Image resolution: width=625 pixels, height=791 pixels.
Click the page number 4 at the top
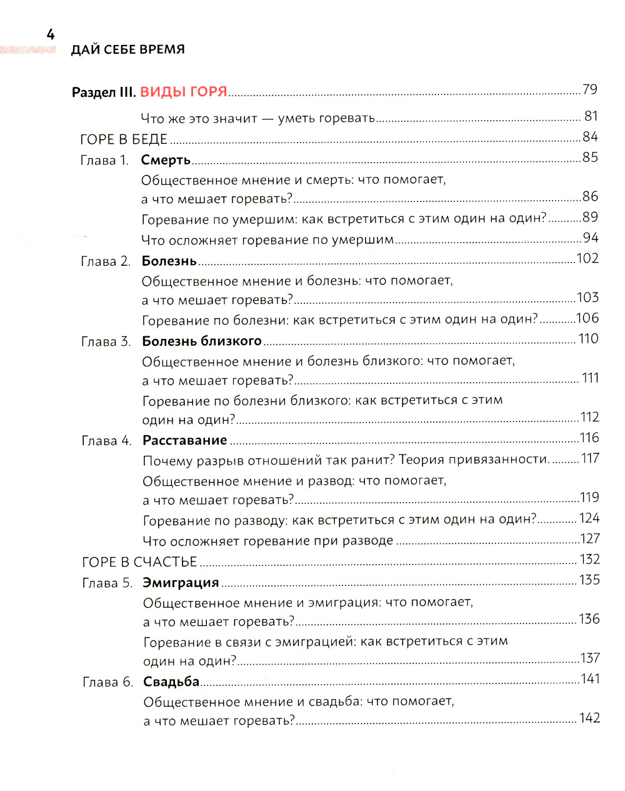coord(51,35)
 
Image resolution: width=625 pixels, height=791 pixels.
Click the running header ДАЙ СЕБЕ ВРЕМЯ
coord(127,50)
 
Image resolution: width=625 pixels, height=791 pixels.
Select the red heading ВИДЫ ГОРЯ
coord(183,92)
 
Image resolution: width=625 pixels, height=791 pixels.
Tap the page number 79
coord(589,90)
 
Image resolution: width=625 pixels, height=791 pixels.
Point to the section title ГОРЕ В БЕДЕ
coord(124,139)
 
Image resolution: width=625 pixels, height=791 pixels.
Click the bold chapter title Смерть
coord(166,160)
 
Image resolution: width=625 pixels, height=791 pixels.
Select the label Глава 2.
coord(106,261)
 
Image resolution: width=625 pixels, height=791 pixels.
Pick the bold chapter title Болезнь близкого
coord(201,341)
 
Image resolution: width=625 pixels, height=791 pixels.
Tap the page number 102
coord(587,259)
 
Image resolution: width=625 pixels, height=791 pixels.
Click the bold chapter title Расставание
coord(184,440)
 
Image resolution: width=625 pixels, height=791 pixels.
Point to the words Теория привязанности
coord(474,460)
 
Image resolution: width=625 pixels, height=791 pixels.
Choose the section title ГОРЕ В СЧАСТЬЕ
coord(139,562)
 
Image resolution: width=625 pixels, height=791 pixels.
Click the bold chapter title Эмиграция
coord(181,583)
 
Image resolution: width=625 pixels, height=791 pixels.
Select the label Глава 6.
coord(107,682)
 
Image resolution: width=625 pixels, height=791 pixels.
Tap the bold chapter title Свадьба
coord(171,682)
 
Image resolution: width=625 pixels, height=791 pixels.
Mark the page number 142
coord(589,718)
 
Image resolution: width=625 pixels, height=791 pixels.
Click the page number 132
coord(589,560)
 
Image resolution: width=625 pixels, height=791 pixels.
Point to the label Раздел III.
coord(104,93)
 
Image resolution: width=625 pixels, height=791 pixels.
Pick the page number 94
coord(590,238)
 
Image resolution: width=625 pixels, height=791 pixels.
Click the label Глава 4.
coord(106,441)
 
